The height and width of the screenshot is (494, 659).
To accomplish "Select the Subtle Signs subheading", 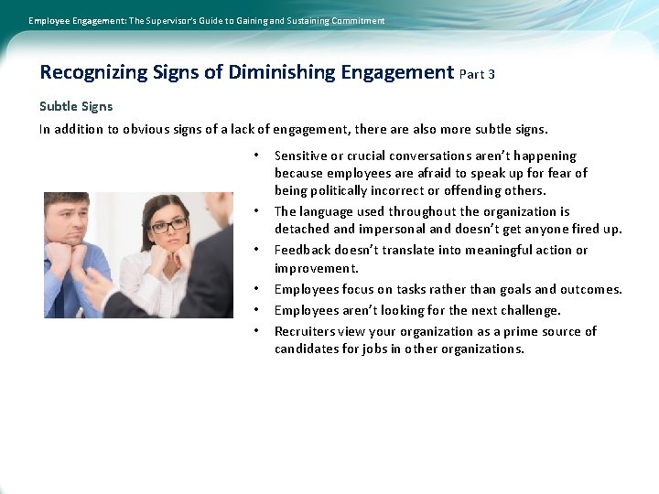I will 76,107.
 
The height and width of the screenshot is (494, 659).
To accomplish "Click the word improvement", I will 316,268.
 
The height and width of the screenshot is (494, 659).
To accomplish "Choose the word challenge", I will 524,310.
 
